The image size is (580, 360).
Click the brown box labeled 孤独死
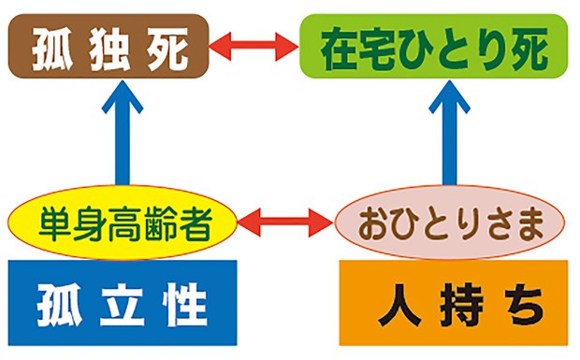pos(107,45)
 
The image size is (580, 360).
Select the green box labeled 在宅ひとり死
pos(434,43)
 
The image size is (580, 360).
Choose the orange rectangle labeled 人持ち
pos(453,304)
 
